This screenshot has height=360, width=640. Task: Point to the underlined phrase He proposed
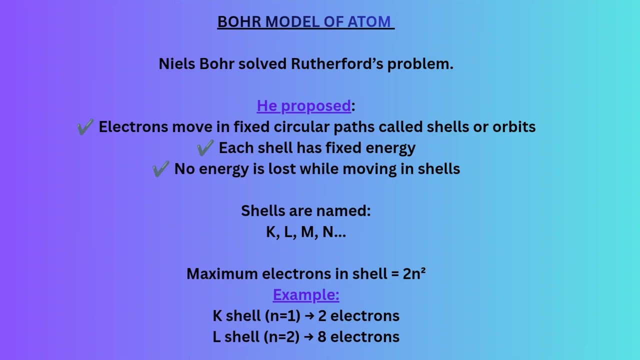(304, 106)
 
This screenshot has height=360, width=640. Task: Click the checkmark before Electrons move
(85, 127)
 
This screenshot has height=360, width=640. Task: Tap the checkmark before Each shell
(205, 148)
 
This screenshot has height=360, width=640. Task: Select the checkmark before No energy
(160, 169)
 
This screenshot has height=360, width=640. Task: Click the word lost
(282, 169)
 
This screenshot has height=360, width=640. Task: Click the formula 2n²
(414, 273)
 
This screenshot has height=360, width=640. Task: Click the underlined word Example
(305, 295)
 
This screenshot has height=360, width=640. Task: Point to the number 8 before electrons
(322, 337)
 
